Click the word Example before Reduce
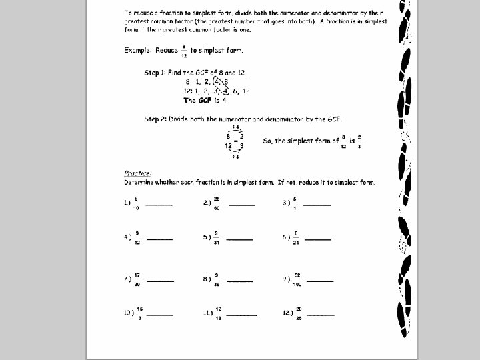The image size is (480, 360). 139,51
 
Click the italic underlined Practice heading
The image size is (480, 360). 137,173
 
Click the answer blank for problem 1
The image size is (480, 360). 159,204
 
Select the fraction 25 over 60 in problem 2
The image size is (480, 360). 217,203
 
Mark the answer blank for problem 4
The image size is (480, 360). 159,238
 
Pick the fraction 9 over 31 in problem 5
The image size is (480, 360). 217,237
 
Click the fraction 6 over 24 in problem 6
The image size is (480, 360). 295,237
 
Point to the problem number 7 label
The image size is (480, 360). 127,279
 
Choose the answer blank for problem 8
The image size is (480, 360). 240,280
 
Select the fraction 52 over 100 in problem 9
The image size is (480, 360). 296,279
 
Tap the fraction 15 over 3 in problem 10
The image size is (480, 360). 140,312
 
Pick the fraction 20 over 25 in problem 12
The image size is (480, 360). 299,312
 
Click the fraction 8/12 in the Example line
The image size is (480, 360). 183,51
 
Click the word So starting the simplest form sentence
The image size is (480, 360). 267,141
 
